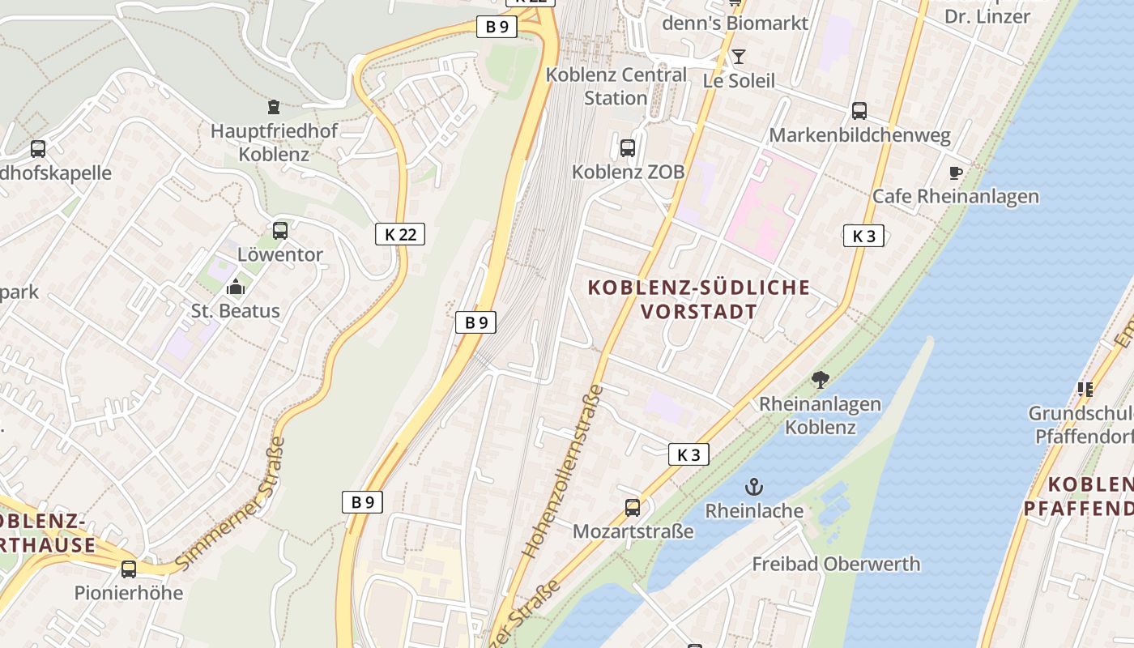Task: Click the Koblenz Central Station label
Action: [x=616, y=86]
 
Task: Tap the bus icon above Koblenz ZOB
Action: [x=628, y=147]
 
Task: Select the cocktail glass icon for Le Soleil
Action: [x=738, y=57]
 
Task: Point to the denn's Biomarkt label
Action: [x=735, y=23]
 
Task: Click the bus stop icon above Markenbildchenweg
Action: [x=859, y=111]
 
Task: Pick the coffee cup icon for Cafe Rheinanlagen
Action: [x=956, y=172]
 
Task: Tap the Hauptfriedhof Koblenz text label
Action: [x=274, y=142]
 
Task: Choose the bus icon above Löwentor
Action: [x=280, y=230]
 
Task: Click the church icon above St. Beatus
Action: [x=236, y=286]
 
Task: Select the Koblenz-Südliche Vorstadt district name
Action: [x=698, y=299]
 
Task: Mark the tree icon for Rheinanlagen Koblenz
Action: [x=821, y=378]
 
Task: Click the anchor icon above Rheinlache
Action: [x=754, y=487]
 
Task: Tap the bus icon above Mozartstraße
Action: [x=633, y=508]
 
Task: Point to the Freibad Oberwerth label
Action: [x=836, y=564]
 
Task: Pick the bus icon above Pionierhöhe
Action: [x=129, y=569]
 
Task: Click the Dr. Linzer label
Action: [x=987, y=16]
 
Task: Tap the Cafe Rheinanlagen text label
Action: [x=955, y=196]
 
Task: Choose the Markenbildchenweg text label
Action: [x=859, y=135]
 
